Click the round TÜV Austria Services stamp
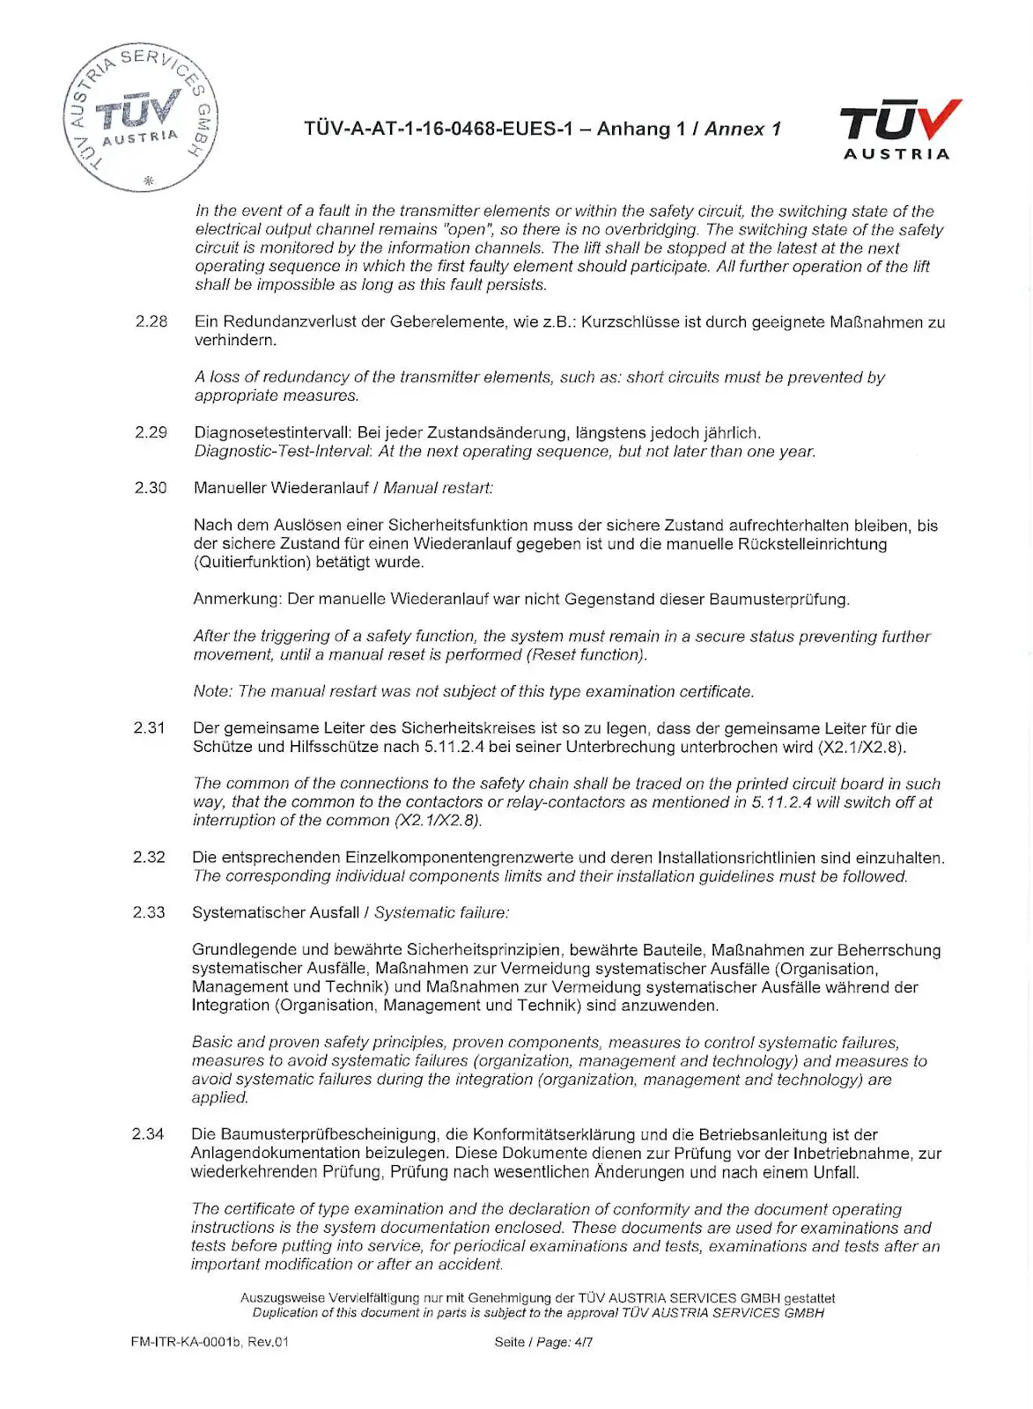(140, 117)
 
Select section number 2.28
(151, 321)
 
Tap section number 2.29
(151, 432)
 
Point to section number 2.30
(151, 487)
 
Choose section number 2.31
(150, 728)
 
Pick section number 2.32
(149, 857)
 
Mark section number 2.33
(149, 912)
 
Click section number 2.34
(148, 1134)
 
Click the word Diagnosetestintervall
(272, 432)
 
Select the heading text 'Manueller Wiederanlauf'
(281, 487)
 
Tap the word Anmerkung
(236, 599)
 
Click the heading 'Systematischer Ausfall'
(276, 912)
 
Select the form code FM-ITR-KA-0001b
(186, 1342)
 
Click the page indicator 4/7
(583, 1342)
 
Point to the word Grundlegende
(245, 949)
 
